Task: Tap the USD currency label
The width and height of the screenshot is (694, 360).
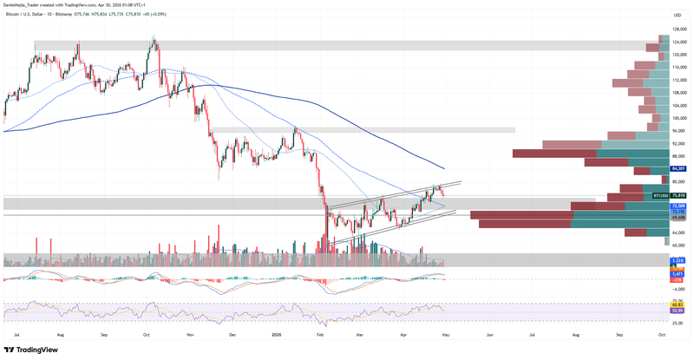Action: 678,16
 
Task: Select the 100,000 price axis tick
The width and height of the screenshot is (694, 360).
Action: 680,118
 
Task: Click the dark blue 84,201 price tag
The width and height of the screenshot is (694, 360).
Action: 679,168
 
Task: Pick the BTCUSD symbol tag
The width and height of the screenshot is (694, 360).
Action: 660,197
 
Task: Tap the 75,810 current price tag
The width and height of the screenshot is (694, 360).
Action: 679,197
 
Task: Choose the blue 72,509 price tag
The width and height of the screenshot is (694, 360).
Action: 679,206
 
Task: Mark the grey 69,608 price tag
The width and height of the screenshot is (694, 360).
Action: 679,217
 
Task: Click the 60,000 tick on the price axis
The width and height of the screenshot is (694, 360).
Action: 679,245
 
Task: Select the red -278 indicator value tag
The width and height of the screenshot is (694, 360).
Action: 677,279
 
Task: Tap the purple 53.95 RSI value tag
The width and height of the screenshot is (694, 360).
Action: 677,309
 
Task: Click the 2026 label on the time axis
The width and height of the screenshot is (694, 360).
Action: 277,334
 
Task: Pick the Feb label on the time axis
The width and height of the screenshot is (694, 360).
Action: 320,334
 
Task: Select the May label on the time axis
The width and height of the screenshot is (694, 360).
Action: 445,334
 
